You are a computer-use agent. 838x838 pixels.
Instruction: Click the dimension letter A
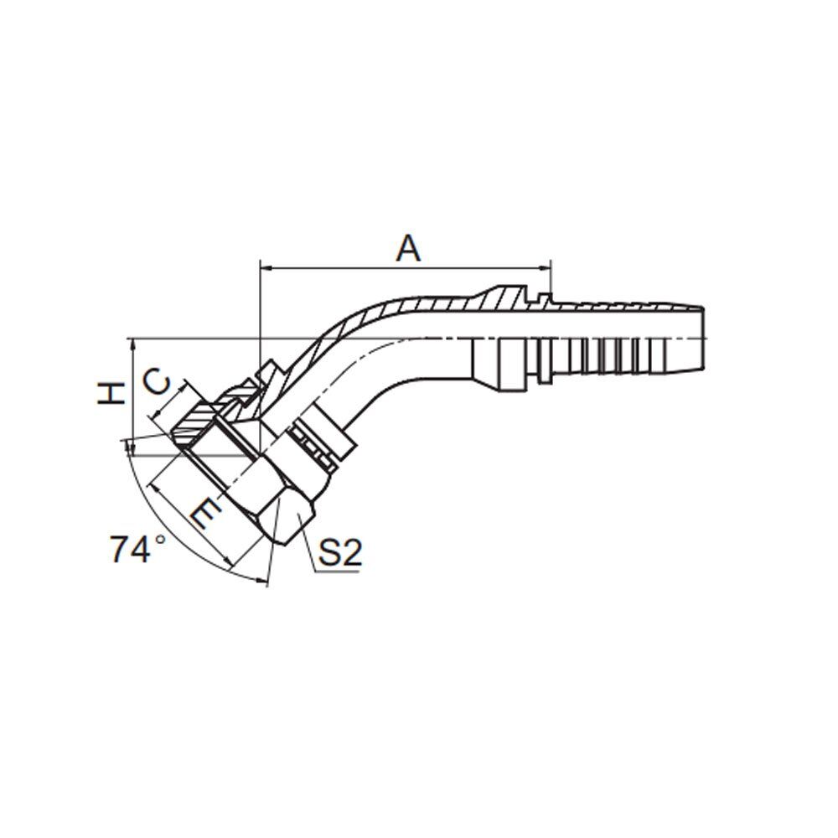point(407,249)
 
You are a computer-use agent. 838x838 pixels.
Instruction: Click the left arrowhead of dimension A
point(266,268)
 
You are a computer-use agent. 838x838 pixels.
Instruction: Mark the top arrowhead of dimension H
point(130,344)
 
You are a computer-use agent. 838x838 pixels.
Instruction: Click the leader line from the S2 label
point(311,545)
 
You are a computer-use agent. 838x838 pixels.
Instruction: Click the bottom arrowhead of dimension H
point(130,448)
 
